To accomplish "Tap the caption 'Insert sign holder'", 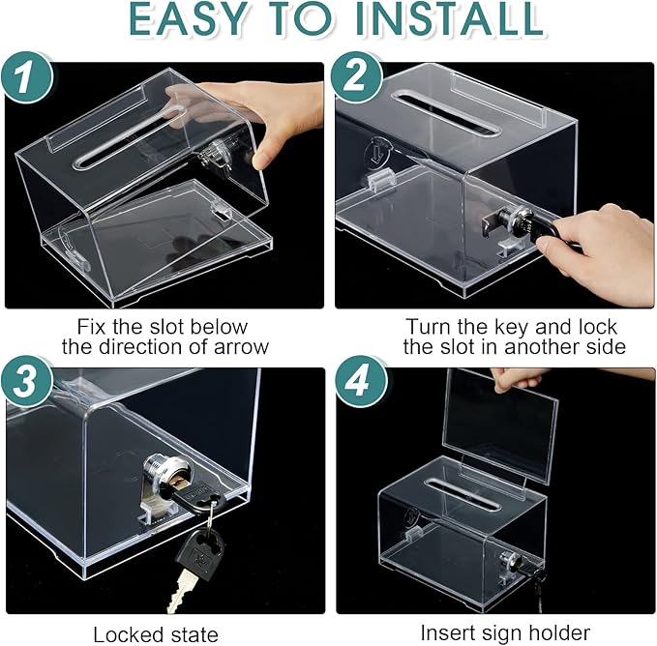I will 504,633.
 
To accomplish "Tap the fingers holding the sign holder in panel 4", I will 508,378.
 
